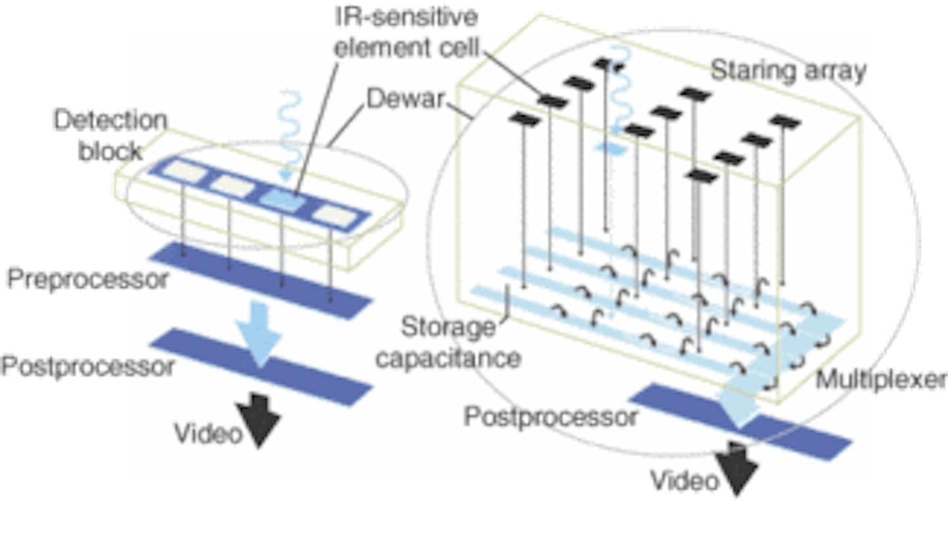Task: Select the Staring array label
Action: click(x=788, y=71)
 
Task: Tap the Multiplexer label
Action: click(x=881, y=380)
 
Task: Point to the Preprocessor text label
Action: click(x=88, y=279)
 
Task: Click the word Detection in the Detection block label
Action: click(x=111, y=121)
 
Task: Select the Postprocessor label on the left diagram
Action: click(x=88, y=366)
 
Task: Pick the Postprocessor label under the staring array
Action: click(x=550, y=416)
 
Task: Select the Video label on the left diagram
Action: click(x=207, y=434)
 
